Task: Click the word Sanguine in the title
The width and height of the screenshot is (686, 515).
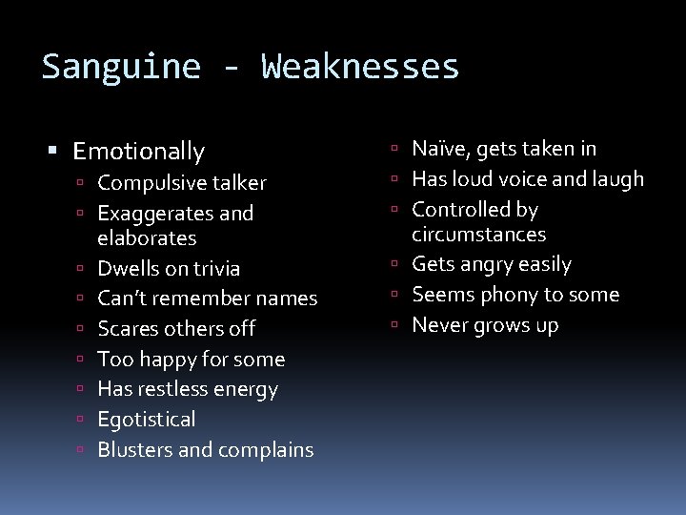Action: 121,67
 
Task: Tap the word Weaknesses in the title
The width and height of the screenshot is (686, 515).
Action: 360,67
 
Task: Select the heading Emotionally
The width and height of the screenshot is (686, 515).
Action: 138,151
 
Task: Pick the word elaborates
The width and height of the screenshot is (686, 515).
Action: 147,237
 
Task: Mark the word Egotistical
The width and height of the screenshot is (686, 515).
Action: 147,420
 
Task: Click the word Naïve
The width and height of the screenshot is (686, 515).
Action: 439,148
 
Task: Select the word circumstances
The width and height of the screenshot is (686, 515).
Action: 478,234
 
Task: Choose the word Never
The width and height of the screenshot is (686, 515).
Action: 440,325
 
